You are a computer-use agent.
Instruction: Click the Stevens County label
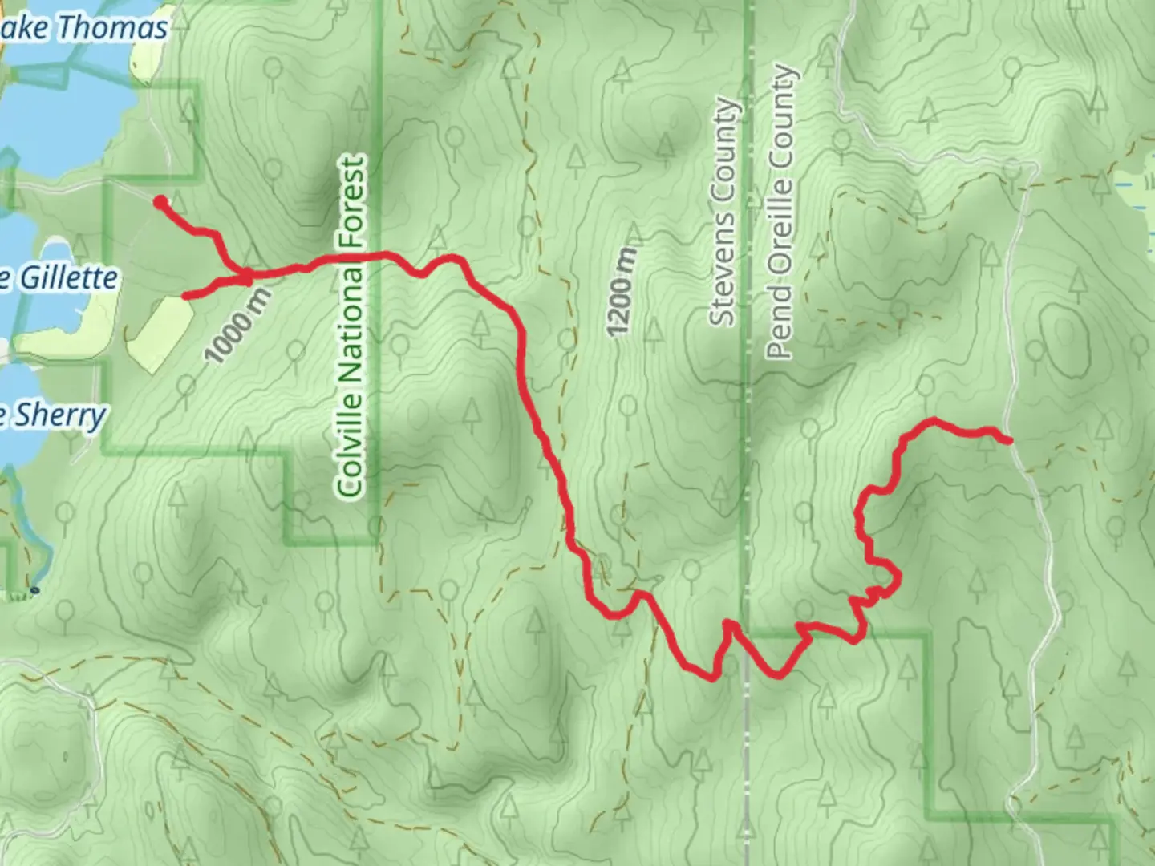(x=723, y=212)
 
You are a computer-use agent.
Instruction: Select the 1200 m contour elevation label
(x=622, y=292)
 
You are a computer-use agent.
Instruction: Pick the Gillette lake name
(x=68, y=278)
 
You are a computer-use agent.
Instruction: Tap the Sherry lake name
(x=61, y=415)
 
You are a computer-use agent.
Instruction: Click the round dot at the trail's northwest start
(x=160, y=201)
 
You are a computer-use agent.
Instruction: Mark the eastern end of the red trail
(x=1007, y=439)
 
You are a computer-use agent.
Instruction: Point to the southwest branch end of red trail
(x=186, y=296)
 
